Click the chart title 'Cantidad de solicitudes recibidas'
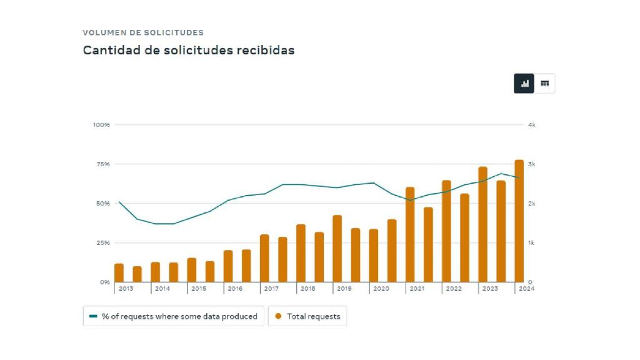point(188,51)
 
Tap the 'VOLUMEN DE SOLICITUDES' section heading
point(143,32)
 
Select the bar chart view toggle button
point(524,84)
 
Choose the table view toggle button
point(544,84)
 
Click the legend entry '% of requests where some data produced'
point(173,316)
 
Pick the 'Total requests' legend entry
point(307,316)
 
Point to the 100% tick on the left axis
point(101,125)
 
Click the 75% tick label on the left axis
point(102,164)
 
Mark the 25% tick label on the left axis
point(102,243)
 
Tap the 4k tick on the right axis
point(531,125)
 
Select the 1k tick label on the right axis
point(531,243)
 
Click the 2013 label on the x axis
point(126,289)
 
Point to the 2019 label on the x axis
point(344,289)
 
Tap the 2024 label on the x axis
point(526,289)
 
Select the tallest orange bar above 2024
point(519,221)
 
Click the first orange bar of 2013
point(119,273)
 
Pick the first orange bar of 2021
point(410,235)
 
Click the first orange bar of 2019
point(337,249)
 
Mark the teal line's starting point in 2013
point(119,202)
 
